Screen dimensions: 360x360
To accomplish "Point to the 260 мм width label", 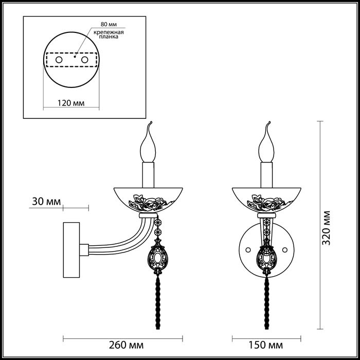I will [x=123, y=345].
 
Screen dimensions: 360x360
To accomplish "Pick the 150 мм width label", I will [x=266, y=345].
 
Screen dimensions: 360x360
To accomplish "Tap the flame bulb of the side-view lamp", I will [x=148, y=146].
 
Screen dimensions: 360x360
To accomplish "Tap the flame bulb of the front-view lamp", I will [x=266, y=146].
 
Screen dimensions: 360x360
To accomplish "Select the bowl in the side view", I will [x=148, y=200].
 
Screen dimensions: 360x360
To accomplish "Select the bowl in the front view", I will [x=266, y=200].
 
